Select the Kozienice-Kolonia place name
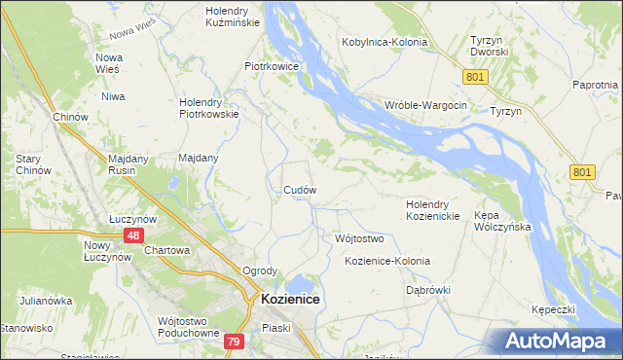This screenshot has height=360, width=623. click(387, 262)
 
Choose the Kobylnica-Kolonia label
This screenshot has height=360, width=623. click(387, 42)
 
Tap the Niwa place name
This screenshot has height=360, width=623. click(115, 96)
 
